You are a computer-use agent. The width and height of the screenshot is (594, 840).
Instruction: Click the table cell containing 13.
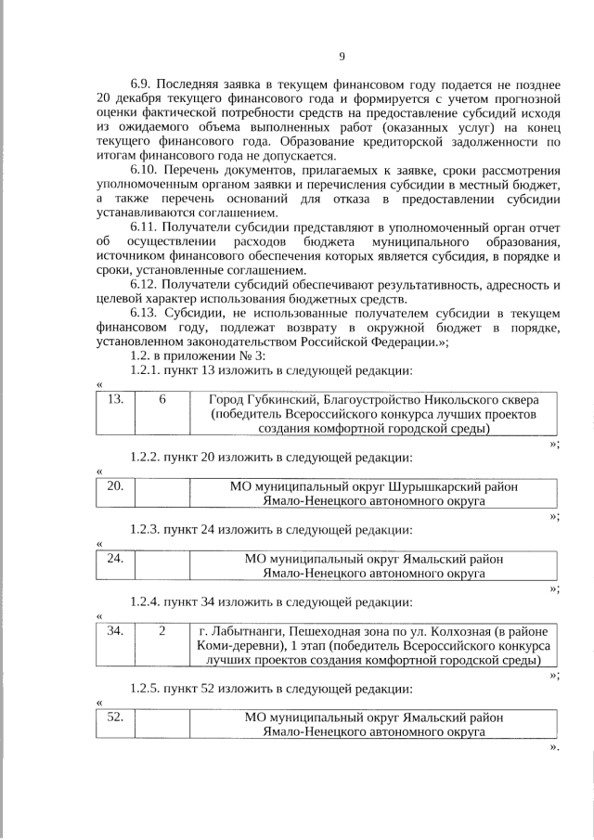(x=116, y=400)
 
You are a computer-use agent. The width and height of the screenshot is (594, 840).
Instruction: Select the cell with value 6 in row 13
(x=162, y=400)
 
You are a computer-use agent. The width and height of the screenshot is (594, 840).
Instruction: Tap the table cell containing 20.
(x=116, y=486)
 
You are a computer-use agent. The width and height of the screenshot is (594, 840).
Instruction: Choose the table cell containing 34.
(x=116, y=631)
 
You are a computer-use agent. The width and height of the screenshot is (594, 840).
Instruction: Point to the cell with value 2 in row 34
(x=162, y=631)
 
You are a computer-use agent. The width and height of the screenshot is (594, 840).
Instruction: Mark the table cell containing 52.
(x=116, y=717)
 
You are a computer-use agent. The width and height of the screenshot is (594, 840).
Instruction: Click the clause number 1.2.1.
(x=147, y=371)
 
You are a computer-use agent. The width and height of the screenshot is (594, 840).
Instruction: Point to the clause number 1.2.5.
(x=147, y=689)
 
